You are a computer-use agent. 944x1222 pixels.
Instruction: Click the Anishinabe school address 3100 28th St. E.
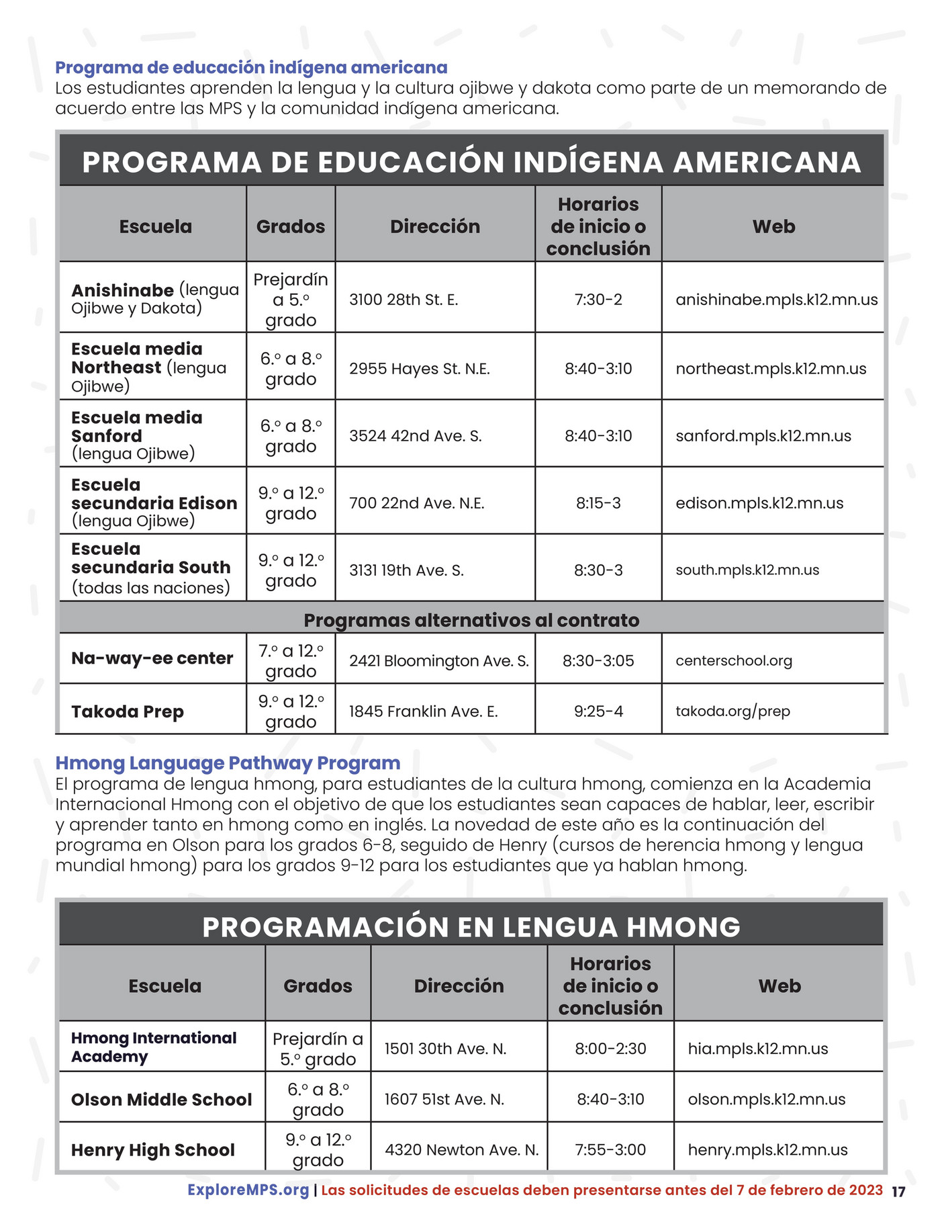(404, 300)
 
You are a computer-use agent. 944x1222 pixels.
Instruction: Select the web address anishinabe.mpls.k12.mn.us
(776, 300)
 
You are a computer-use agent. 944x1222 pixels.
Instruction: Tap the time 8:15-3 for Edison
(598, 503)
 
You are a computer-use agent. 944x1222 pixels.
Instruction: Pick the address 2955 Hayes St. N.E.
(419, 369)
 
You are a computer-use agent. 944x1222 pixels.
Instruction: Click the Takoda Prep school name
(128, 711)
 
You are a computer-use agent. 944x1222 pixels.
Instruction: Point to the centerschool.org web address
(733, 660)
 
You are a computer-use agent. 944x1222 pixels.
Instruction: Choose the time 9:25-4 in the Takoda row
(598, 711)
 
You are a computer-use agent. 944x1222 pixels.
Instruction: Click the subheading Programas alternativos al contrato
(471, 619)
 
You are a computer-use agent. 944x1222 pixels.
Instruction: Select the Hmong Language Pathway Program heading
(228, 763)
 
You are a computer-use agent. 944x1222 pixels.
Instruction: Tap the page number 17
(898, 1192)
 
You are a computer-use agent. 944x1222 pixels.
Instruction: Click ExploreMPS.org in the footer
(248, 1190)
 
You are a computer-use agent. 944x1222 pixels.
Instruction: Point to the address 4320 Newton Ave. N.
(461, 1149)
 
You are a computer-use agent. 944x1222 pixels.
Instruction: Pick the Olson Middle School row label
(161, 1099)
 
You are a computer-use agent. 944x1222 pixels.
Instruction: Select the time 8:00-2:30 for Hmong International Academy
(610, 1049)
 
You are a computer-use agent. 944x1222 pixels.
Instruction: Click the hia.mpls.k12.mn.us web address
(757, 1049)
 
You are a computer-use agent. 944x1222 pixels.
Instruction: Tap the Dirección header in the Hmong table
(459, 986)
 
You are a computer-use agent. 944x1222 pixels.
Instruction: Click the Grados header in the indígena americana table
(290, 226)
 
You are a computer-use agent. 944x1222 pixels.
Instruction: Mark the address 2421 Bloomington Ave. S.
(438, 661)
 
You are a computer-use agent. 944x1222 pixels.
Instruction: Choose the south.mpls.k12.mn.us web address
(747, 570)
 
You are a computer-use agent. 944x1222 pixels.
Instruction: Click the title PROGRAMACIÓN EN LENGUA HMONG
(471, 927)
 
